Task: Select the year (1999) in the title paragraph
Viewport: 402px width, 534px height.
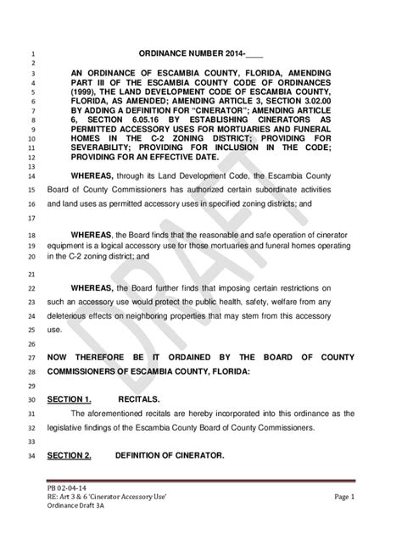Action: pyautogui.click(x=88, y=86)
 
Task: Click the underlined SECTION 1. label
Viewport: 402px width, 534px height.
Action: pyautogui.click(x=69, y=399)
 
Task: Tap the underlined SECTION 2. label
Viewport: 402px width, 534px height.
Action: pyautogui.click(x=69, y=456)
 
